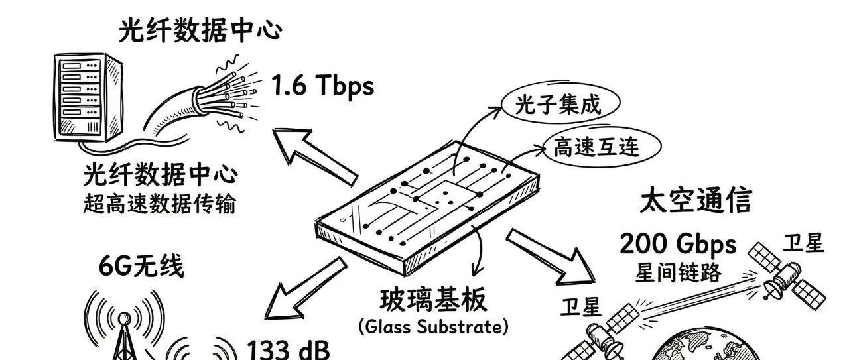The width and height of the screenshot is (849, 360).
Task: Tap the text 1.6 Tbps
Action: click(322, 86)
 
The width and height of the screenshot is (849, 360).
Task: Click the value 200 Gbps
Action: click(678, 244)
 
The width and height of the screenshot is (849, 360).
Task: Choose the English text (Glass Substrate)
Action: click(434, 327)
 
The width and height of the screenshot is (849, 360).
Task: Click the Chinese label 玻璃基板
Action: click(433, 300)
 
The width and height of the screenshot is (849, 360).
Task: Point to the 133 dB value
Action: click(288, 349)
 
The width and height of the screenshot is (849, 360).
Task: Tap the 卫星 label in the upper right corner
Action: click(803, 243)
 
